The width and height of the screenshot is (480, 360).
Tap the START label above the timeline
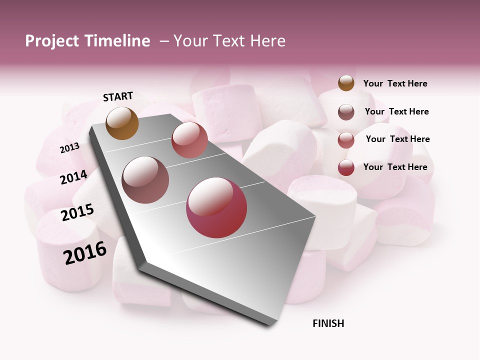tap(118, 96)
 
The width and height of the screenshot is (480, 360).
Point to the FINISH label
tap(328, 323)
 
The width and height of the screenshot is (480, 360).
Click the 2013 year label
tap(70, 148)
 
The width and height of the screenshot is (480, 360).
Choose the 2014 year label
tap(73, 177)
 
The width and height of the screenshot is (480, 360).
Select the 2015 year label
tap(77, 212)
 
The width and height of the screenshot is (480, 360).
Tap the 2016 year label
tap(85, 253)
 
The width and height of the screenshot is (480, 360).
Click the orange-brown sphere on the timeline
tap(122, 123)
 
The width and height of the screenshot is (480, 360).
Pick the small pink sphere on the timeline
tap(189, 140)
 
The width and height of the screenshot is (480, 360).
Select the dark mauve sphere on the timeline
tap(145, 180)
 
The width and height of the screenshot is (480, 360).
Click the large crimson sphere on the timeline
tap(216, 207)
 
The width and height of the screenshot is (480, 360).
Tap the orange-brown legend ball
tap(346, 83)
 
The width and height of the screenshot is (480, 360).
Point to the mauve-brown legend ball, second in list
tap(346, 112)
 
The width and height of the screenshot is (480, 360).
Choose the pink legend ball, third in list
tap(346, 140)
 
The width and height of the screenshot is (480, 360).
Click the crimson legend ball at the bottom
tap(346, 167)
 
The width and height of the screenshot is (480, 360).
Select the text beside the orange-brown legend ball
tap(395, 84)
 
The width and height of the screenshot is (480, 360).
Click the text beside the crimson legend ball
tap(395, 167)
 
